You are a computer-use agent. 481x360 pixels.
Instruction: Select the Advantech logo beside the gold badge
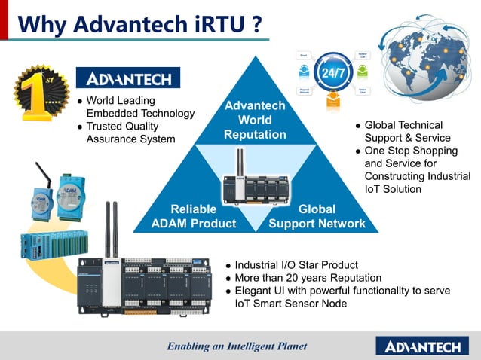[x=128, y=78]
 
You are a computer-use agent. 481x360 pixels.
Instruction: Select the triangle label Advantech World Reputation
[x=255, y=121]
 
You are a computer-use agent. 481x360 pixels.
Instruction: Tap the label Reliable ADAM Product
[x=193, y=216]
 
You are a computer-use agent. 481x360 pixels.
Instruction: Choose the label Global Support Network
[x=317, y=216]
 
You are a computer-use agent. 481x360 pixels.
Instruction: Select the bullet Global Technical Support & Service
[x=407, y=131]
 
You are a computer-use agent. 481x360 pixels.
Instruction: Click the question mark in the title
[x=257, y=24]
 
